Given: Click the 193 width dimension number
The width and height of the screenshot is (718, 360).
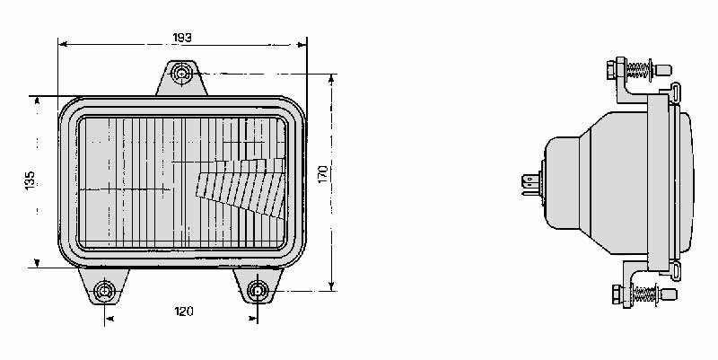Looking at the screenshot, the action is (182, 38).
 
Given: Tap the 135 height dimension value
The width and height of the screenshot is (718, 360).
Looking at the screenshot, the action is (30, 180).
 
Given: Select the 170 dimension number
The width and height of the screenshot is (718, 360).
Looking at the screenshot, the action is (323, 174).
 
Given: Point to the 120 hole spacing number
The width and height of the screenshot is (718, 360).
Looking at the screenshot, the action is (184, 312).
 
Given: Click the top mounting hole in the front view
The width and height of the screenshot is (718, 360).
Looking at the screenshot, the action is (182, 74).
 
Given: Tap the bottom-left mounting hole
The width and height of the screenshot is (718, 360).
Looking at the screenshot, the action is (104, 291).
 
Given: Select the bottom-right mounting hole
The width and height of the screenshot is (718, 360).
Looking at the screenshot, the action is (258, 290).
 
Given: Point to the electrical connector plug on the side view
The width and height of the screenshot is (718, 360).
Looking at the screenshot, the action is (531, 184).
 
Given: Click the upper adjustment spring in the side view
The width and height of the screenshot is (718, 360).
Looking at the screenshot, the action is (639, 70).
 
